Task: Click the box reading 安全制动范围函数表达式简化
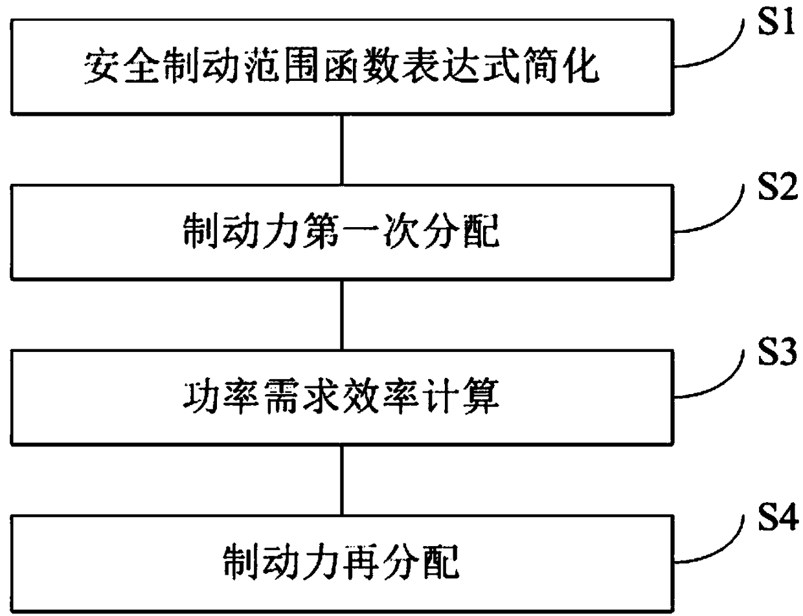click(x=342, y=68)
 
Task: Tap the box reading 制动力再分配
click(x=342, y=564)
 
